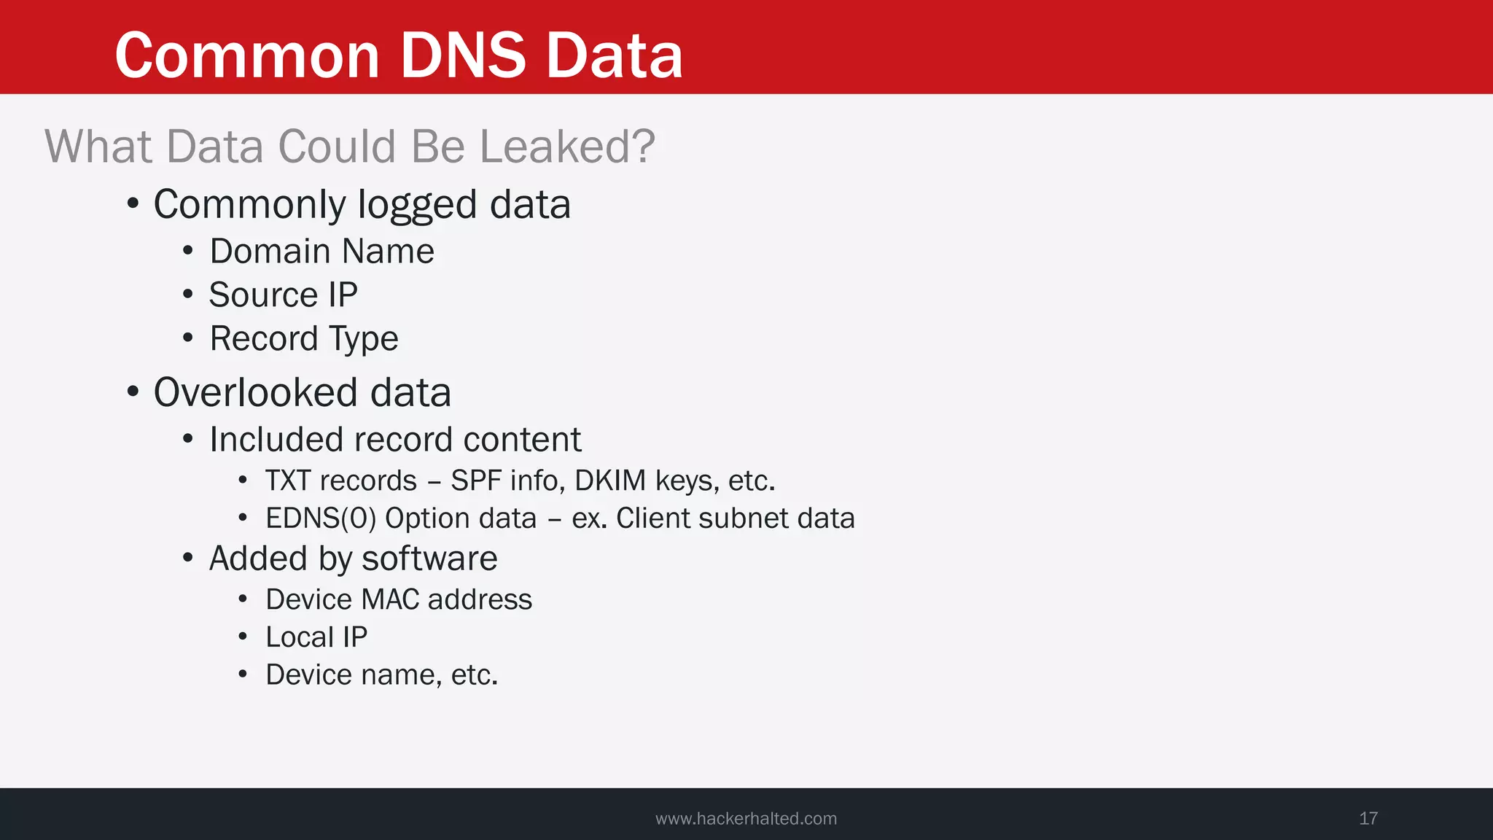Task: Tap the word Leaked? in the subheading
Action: (567, 147)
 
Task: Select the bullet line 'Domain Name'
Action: (321, 252)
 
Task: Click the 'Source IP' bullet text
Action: (283, 295)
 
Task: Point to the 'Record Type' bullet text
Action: (304, 338)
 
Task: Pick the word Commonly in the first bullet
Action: (249, 205)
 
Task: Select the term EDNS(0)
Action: (321, 518)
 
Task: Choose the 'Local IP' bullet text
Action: (316, 637)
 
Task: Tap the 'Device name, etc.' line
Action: (381, 675)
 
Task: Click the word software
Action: (429, 559)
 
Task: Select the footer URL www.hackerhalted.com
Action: (746, 818)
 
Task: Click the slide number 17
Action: (1368, 818)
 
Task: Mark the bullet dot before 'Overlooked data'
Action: (133, 392)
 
